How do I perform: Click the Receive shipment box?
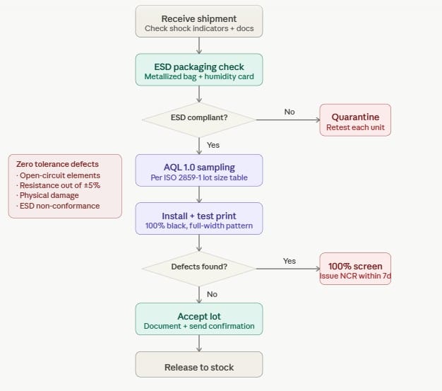click(x=199, y=21)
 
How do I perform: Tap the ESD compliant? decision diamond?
click(x=199, y=117)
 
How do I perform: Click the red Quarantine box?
click(x=355, y=120)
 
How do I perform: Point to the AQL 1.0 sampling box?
click(x=199, y=170)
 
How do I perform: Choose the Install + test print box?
click(x=199, y=218)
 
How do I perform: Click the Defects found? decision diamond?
click(x=199, y=267)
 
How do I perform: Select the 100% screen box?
click(x=355, y=269)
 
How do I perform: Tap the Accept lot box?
click(x=199, y=319)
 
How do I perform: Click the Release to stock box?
click(x=199, y=367)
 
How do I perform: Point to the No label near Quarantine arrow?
click(x=289, y=112)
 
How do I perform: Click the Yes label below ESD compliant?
click(x=213, y=144)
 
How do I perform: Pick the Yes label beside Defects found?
click(x=289, y=261)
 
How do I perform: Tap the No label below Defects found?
click(x=212, y=293)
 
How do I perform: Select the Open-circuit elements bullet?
click(x=59, y=175)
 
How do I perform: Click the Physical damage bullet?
click(x=50, y=195)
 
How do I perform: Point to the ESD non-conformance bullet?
click(x=59, y=206)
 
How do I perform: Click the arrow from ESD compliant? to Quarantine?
click(x=287, y=120)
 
